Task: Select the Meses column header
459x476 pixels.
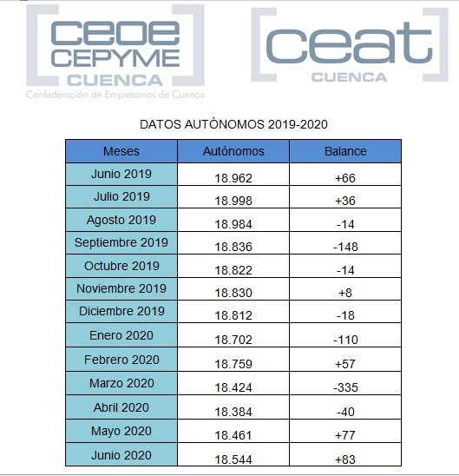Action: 121,151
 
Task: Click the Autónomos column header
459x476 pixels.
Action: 233,151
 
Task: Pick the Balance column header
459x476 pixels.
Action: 345,151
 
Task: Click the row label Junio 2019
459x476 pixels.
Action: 121,174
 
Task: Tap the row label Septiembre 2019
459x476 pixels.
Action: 121,242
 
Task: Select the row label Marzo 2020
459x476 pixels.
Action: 121,383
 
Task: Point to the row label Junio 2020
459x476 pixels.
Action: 121,453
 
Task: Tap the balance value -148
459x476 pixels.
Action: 345,247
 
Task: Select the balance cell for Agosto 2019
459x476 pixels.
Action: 345,223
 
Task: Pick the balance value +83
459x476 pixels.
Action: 345,459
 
